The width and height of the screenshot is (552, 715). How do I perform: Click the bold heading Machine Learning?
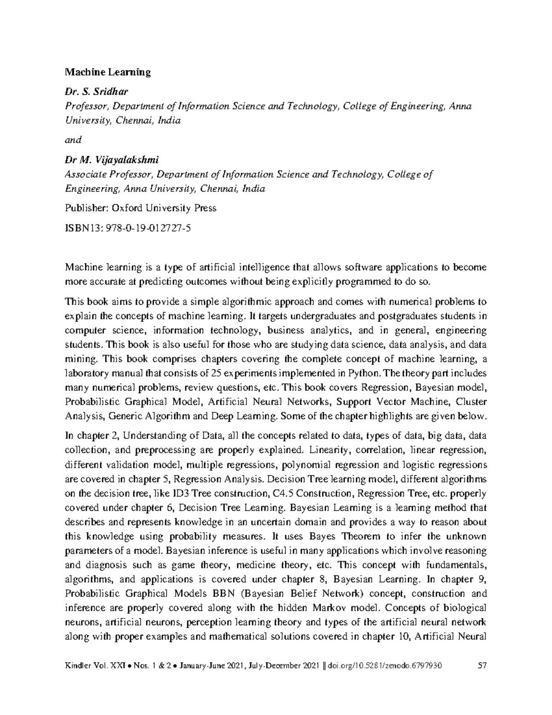click(x=108, y=72)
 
